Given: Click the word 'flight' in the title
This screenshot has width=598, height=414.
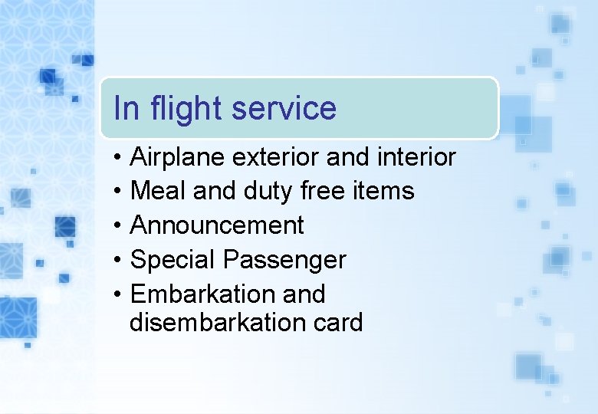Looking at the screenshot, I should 186,109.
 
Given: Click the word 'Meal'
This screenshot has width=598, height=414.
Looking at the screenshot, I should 159,191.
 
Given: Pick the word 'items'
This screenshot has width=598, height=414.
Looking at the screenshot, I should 387,191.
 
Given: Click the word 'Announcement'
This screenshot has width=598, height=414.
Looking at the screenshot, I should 217,225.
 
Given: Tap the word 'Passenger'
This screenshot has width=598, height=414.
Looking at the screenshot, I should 284,261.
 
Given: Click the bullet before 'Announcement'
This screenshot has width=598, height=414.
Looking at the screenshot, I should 115,226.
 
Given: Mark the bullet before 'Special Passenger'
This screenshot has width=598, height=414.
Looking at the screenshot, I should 115,261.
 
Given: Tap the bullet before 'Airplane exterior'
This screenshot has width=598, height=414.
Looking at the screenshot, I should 115,159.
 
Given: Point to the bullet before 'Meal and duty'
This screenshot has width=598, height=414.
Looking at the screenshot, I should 115,192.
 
